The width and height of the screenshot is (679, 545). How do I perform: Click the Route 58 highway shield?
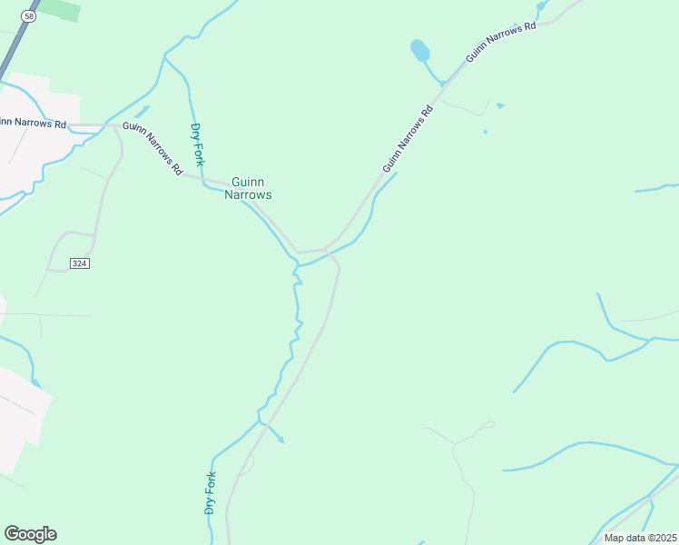[30, 16]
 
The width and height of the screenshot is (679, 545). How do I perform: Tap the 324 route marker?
[79, 263]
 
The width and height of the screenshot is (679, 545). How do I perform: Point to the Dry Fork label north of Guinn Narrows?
[196, 144]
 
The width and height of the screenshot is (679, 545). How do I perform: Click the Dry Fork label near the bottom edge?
[211, 493]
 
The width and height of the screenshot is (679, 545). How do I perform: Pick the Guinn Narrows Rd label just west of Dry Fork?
[153, 148]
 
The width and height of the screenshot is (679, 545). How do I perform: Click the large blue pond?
[420, 49]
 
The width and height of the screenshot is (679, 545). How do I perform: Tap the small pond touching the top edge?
[541, 5]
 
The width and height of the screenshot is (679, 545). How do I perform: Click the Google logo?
[30, 534]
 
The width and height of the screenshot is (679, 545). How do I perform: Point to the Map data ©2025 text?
[640, 538]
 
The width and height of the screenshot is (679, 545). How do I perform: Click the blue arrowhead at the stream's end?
[280, 440]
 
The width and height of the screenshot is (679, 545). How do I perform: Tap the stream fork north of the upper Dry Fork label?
[164, 57]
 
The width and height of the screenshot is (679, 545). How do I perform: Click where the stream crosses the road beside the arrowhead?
[262, 423]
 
